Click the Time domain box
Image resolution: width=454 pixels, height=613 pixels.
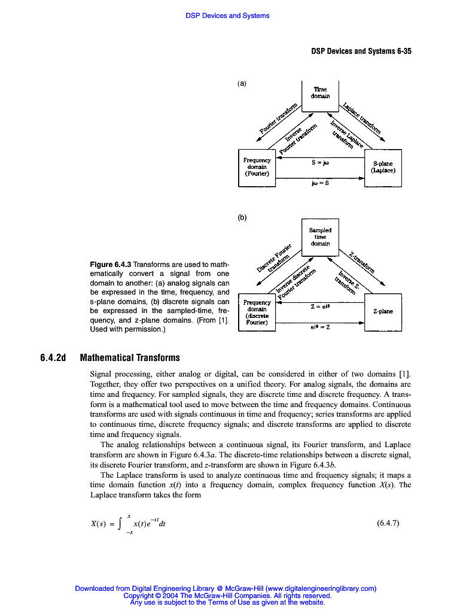(x=320, y=94)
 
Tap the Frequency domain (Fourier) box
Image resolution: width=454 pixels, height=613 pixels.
(x=257, y=167)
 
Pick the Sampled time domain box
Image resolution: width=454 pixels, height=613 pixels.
(x=320, y=236)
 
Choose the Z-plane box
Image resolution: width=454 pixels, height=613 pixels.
(x=383, y=311)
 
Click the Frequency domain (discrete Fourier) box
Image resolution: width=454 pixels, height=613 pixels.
(x=257, y=311)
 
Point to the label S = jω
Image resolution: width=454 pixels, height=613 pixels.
(x=321, y=162)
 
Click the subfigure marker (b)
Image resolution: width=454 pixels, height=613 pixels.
(x=242, y=218)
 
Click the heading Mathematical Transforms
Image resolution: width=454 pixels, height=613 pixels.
(x=130, y=358)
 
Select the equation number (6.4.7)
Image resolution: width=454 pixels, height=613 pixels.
(x=388, y=523)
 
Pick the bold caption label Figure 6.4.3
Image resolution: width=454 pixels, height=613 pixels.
(x=110, y=265)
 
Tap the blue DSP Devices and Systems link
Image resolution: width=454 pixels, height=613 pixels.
(x=227, y=16)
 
